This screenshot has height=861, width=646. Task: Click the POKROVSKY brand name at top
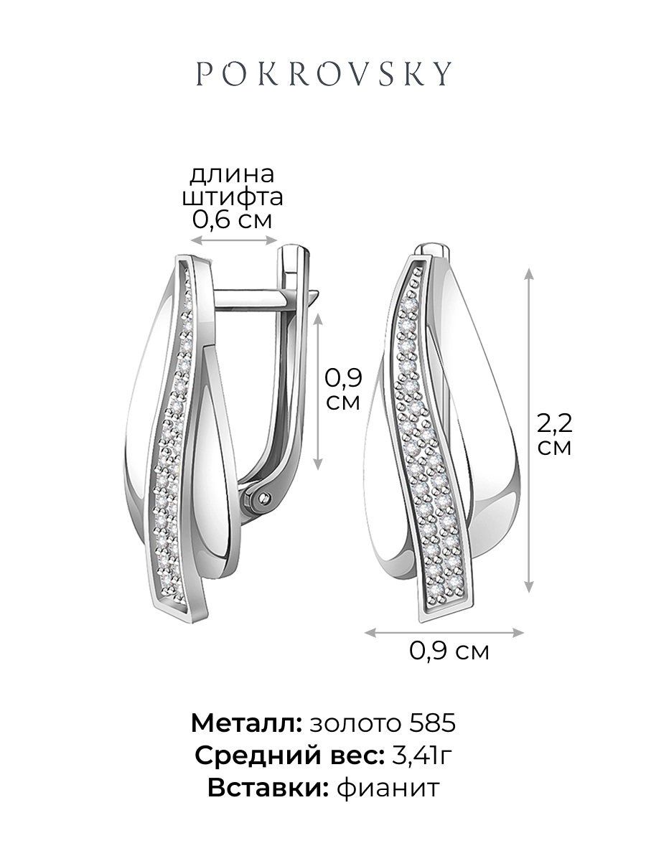[x=324, y=74]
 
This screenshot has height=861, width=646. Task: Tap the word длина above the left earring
[x=232, y=174]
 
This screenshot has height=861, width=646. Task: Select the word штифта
[x=233, y=197]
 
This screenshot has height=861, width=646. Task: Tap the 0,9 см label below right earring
[x=449, y=651]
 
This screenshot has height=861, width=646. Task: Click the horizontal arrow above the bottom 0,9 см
[x=443, y=631]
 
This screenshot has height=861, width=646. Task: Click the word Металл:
[x=247, y=723]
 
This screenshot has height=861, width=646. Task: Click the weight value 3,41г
[x=423, y=755]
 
